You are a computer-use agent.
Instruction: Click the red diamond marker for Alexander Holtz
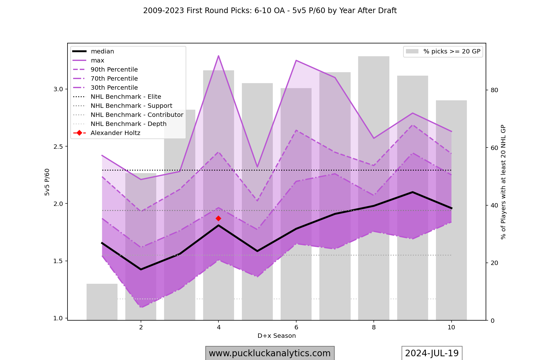click(218, 218)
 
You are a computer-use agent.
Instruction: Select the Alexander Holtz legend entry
click(115, 133)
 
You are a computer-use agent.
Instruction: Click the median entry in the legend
click(102, 52)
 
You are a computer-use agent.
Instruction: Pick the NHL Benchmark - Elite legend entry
click(126, 97)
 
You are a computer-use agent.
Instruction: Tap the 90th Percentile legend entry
click(114, 70)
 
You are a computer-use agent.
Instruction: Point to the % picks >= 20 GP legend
click(443, 52)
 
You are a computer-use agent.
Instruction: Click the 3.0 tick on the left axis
click(58, 89)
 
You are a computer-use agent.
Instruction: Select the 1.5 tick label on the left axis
click(58, 261)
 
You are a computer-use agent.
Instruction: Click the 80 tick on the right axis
click(494, 90)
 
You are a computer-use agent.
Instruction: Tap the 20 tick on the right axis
click(494, 263)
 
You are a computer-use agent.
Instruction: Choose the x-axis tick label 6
click(296, 327)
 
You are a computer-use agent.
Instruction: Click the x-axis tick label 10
click(451, 327)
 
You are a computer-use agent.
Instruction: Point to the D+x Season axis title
click(277, 336)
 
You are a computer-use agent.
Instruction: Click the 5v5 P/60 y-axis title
click(47, 182)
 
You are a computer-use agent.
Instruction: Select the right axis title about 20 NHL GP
click(503, 182)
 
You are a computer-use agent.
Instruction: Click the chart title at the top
click(270, 11)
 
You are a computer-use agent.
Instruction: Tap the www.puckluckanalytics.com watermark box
click(270, 353)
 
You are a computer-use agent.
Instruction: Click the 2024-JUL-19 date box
click(432, 353)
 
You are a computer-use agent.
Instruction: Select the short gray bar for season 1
click(102, 302)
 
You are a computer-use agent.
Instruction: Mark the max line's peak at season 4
click(218, 56)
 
